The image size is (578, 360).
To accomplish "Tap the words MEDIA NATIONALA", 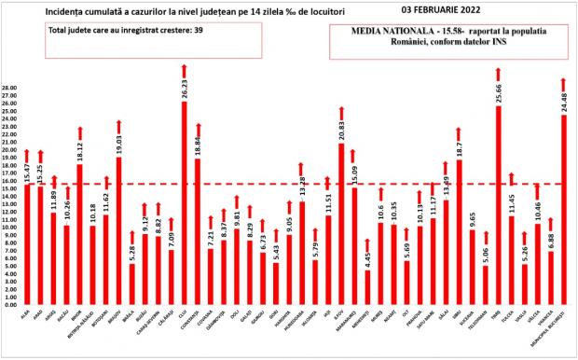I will click(x=406, y=30).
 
